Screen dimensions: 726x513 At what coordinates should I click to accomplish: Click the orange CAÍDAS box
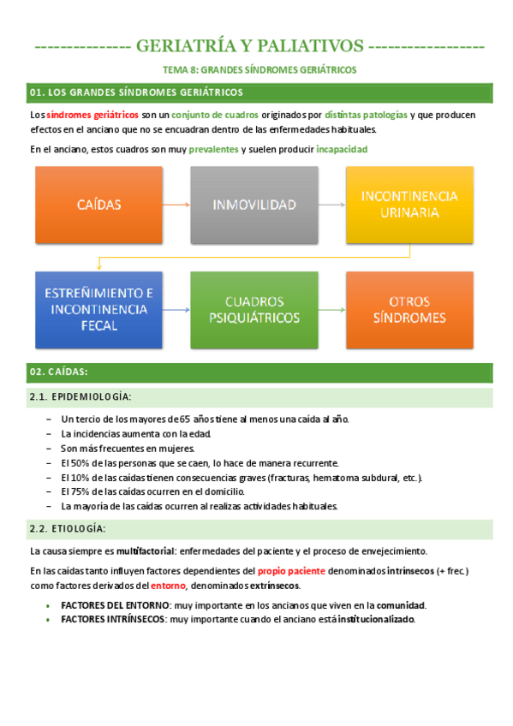(98, 205)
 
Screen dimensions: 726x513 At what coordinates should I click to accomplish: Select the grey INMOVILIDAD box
(254, 205)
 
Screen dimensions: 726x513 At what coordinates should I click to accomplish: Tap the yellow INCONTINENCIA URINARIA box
(409, 205)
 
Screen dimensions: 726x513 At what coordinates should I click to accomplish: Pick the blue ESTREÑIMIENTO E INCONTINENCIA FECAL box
(98, 310)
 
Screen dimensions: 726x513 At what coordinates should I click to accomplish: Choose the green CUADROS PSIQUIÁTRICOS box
(254, 310)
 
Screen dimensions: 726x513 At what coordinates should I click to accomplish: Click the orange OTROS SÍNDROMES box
(409, 310)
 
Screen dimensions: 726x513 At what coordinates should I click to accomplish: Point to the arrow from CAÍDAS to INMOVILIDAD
(176, 205)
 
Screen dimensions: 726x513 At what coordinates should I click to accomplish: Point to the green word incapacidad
(342, 149)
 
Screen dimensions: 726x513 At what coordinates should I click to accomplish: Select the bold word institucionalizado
(376, 619)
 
